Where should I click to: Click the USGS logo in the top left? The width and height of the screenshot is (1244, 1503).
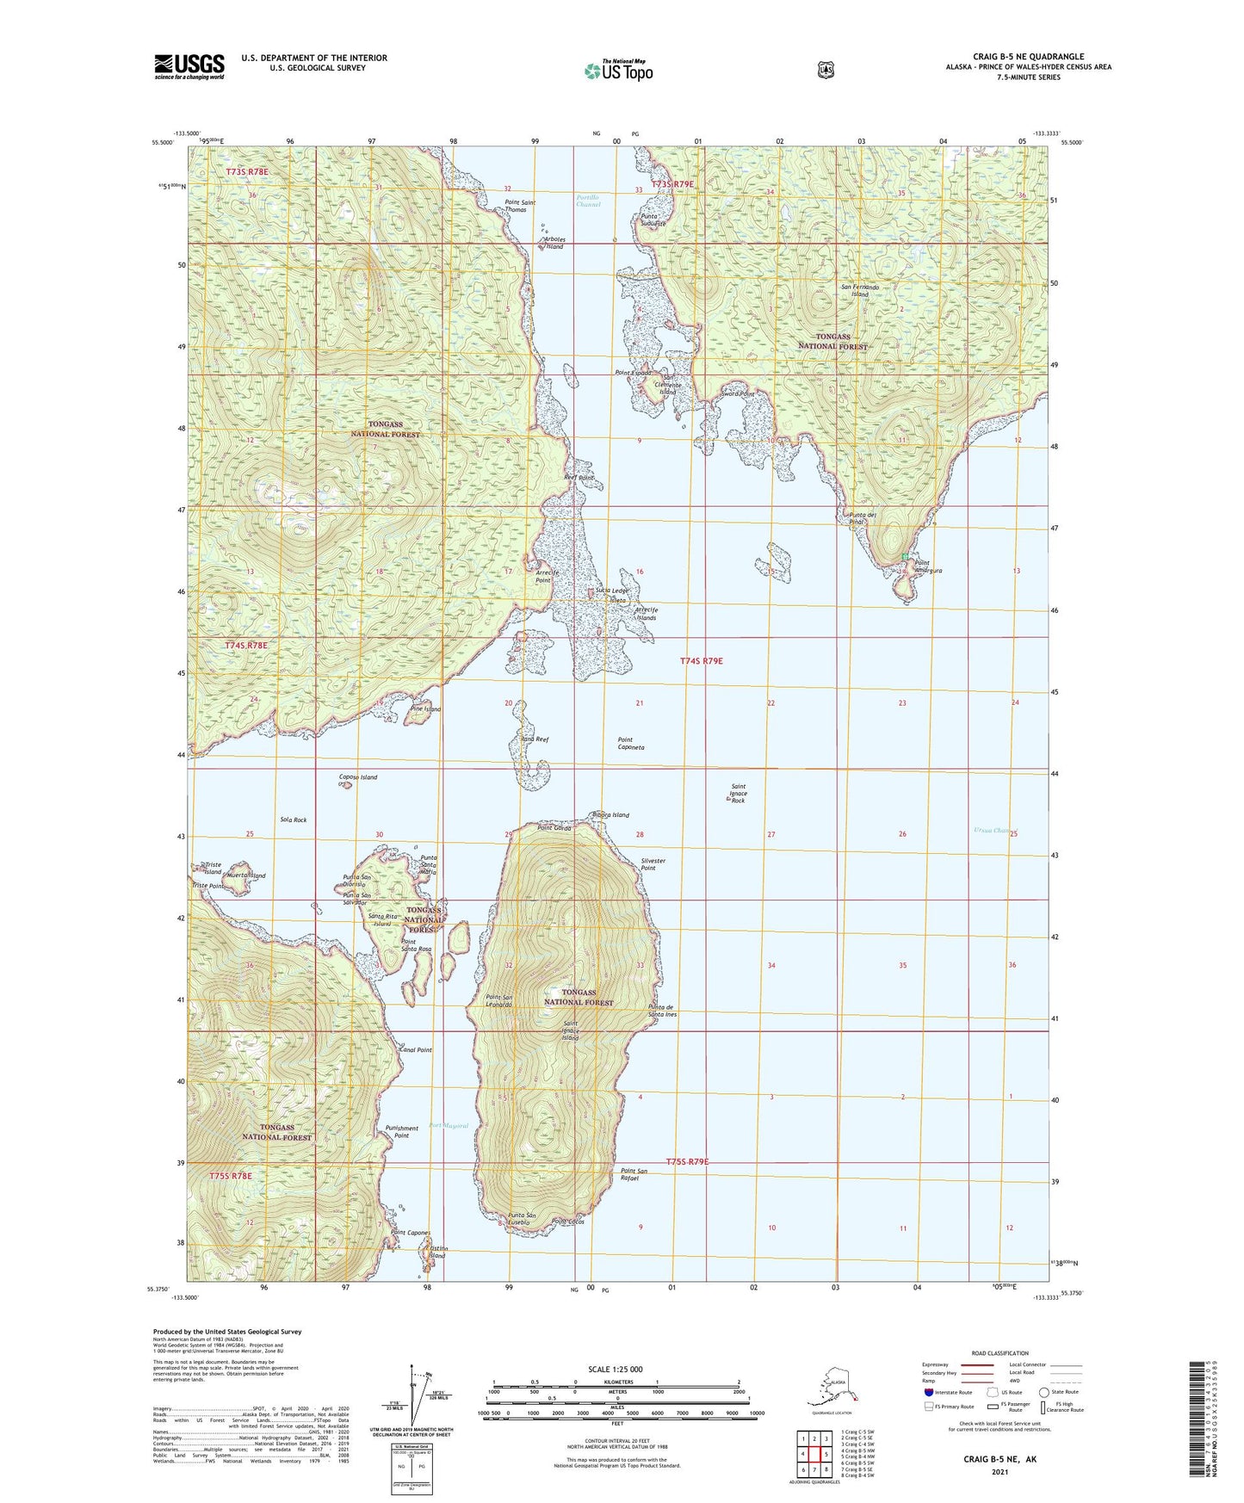(189, 66)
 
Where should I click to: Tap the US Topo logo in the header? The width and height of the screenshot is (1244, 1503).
(617, 71)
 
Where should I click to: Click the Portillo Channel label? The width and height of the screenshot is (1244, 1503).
(588, 201)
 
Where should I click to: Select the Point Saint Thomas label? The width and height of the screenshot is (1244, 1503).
(519, 207)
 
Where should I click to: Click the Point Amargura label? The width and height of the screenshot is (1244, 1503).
(915, 566)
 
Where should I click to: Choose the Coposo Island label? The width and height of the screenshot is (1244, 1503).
(357, 777)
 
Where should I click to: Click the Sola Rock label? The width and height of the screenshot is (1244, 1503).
(293, 820)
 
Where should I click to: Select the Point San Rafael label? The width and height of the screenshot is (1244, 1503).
(634, 1174)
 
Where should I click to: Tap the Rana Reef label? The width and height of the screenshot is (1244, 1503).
(535, 739)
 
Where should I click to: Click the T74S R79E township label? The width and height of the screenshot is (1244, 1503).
(701, 661)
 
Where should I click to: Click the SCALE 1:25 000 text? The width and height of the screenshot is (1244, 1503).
(616, 1370)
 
